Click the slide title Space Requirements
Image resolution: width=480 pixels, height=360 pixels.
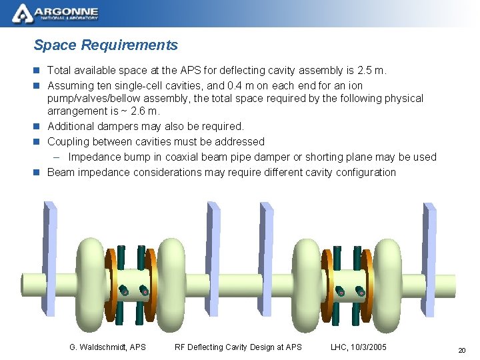[105, 45]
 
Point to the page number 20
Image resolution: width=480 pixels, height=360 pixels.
[461, 350]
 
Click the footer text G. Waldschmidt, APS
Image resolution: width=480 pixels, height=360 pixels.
[107, 347]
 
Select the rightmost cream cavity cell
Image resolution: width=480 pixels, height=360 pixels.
[395, 277]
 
